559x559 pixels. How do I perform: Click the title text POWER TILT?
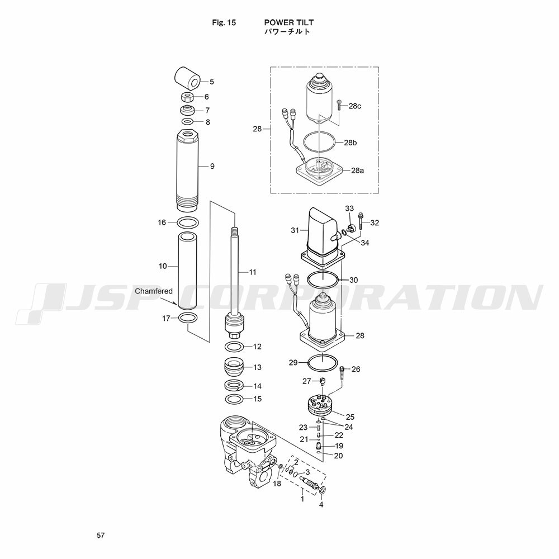289,22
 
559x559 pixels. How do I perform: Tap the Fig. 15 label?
224,22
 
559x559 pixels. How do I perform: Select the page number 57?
101,535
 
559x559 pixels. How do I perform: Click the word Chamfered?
154,291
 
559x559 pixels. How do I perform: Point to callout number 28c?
355,106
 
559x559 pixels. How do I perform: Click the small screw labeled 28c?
339,105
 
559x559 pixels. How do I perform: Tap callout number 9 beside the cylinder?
212,166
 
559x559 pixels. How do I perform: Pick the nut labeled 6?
187,97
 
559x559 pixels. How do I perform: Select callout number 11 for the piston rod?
253,272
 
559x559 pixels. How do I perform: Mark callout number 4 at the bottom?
321,504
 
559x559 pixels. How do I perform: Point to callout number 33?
349,208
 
